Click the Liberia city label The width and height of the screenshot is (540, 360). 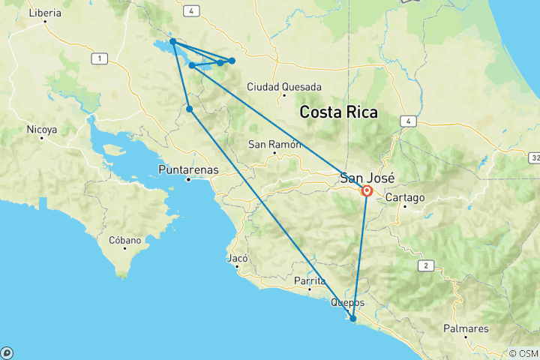[44, 13]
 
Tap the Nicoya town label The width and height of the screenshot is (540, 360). [41, 130]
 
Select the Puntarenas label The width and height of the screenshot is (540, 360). [188, 169]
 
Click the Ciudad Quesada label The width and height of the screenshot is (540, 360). [284, 87]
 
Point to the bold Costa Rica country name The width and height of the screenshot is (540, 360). [338, 112]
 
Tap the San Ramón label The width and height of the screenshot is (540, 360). [274, 144]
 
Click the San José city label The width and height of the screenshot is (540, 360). [367, 178]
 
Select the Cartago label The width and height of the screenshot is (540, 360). [406, 198]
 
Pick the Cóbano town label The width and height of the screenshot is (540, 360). [125, 241]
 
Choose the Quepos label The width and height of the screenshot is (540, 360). [348, 303]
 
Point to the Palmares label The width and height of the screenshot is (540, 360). [466, 328]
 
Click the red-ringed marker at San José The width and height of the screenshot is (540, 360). [367, 191]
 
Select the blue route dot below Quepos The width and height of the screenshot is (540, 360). [352, 319]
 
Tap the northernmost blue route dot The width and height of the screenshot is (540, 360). [172, 41]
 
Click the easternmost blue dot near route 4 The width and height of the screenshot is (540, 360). [232, 60]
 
